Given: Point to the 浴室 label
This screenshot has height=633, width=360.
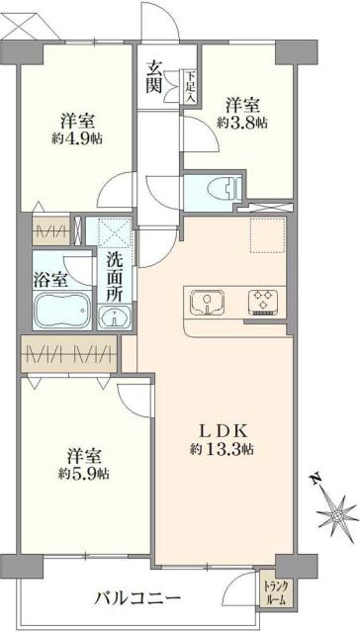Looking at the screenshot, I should pyautogui.click(x=51, y=278).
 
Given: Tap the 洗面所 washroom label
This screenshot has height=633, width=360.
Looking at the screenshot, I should pyautogui.click(x=115, y=279).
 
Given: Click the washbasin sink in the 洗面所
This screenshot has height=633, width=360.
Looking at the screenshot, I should pyautogui.click(x=115, y=316).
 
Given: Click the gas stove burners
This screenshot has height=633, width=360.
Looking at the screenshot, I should pyautogui.click(x=261, y=300).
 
